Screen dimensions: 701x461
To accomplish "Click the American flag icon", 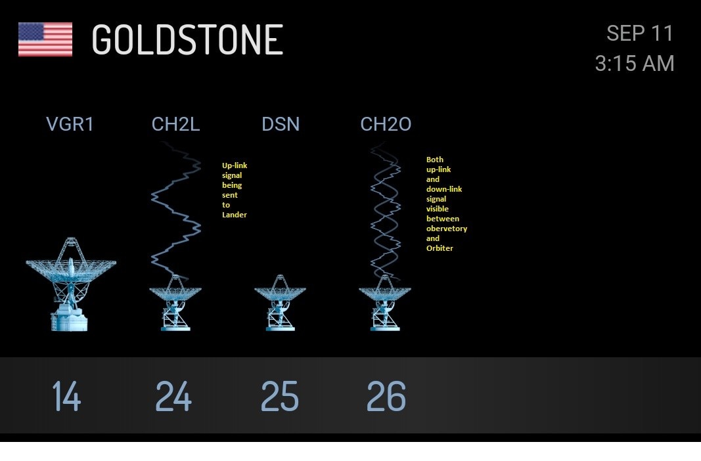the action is click(x=45, y=39).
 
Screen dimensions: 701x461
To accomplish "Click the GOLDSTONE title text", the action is click(x=187, y=40).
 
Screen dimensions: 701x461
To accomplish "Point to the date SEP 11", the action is click(x=640, y=33).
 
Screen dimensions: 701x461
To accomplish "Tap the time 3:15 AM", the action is click(x=635, y=64).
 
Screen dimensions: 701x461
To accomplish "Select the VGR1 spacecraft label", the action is click(x=70, y=124).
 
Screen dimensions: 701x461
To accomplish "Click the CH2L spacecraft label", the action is click(x=175, y=124).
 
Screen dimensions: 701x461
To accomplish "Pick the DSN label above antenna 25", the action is click(x=281, y=124).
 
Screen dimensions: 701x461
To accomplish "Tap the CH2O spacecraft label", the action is click(x=386, y=124).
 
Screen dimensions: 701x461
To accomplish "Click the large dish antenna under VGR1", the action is click(x=71, y=284).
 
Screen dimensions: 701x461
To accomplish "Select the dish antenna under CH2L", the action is click(x=175, y=303).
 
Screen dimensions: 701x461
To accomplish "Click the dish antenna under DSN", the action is click(x=281, y=303).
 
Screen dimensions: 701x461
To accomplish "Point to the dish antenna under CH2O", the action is click(x=385, y=303).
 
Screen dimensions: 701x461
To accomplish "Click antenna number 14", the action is click(x=66, y=396).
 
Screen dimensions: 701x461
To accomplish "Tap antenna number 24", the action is click(x=173, y=396).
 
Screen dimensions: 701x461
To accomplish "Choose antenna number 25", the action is click(x=279, y=396).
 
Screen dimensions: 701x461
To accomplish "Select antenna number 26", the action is click(x=386, y=396).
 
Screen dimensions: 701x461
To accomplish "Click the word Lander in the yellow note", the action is click(x=235, y=215).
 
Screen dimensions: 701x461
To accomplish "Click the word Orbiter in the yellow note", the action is click(x=440, y=248).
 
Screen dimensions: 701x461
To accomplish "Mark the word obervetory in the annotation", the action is click(x=447, y=229).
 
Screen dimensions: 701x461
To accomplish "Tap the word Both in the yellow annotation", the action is click(x=434, y=160).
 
